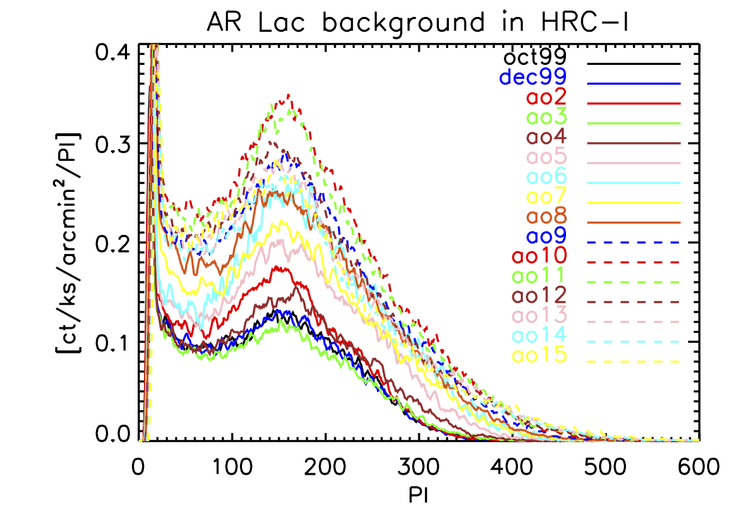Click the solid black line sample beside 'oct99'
633,63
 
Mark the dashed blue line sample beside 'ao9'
633,242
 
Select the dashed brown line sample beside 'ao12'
633,302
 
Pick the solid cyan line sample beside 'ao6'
633,183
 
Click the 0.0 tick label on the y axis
112,436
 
